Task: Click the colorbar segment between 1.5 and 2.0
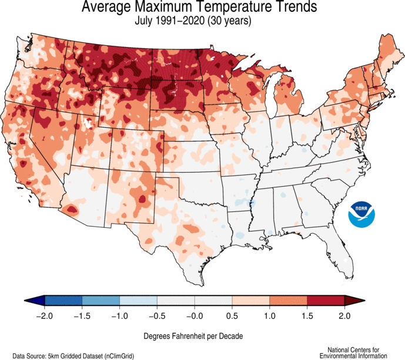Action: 326,301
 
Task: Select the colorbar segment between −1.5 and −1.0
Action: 101,301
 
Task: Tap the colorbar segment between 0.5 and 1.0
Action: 251,301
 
